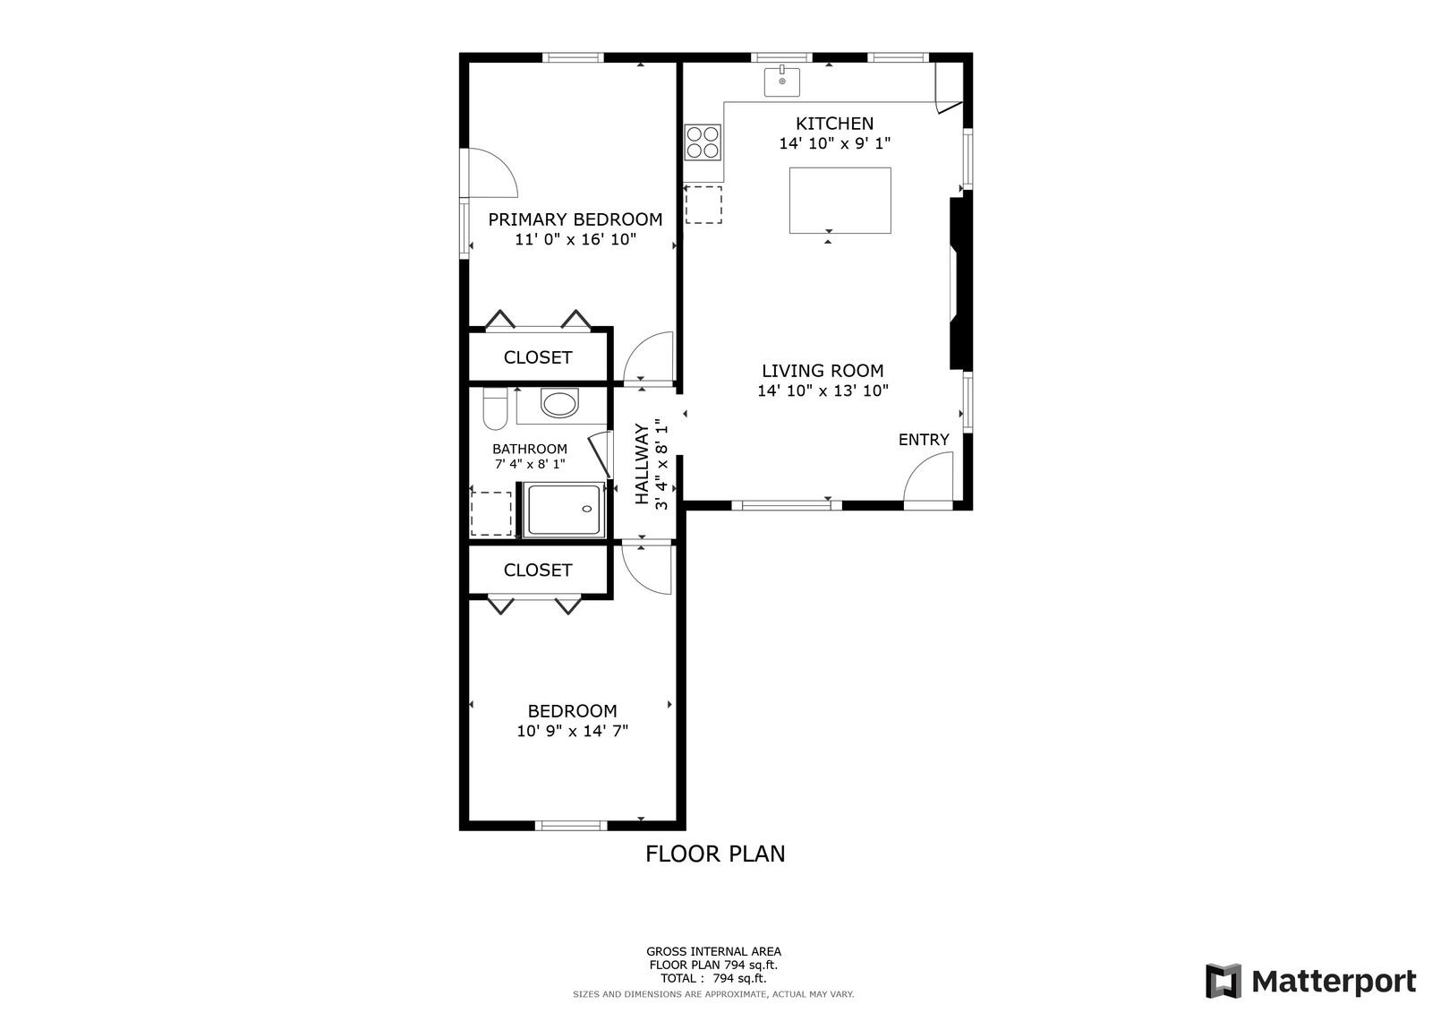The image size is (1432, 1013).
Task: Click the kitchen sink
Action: point(782,81)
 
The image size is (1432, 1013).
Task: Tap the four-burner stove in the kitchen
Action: point(703,142)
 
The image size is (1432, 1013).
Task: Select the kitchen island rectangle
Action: point(840,201)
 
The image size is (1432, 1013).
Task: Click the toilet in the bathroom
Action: point(495,408)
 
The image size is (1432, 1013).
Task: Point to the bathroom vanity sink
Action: point(559,402)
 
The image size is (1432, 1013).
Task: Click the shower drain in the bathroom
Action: point(587,509)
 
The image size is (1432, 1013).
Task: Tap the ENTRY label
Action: point(924,440)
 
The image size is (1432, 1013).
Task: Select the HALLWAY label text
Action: point(643,463)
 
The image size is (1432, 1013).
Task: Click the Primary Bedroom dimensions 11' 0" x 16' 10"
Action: point(576,239)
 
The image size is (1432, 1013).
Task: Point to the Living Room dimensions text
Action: point(823,391)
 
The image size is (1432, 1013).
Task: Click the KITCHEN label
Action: point(834,123)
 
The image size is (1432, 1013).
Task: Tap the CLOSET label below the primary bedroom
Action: point(538,357)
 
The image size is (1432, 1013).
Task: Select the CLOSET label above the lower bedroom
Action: point(538,570)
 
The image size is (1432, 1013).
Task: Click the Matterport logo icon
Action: point(1223,981)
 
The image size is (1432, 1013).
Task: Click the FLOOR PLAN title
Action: point(715,854)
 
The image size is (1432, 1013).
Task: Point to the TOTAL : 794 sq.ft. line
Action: point(713,978)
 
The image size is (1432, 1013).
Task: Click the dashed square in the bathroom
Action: point(491,513)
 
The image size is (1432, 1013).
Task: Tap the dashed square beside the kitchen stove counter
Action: point(703,205)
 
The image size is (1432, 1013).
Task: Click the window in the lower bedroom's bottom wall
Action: point(571,826)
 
